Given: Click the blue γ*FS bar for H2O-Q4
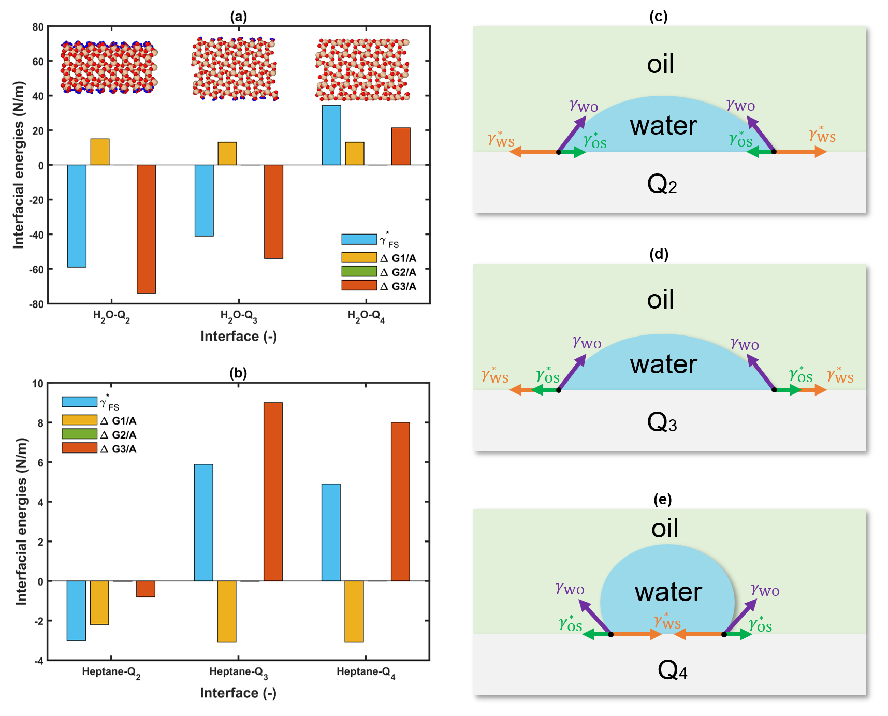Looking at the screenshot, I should point(331,135).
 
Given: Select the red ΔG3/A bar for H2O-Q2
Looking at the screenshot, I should point(146,229).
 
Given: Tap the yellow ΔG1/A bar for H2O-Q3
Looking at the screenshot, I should point(227,154).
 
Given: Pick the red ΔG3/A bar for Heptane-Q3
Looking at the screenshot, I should point(273,491).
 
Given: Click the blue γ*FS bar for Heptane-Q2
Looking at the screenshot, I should point(76,610).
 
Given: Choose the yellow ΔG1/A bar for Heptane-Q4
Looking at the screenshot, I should point(354,611).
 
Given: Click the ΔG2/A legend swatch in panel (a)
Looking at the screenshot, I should point(359,271).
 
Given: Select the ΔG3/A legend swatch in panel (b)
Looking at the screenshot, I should point(79,448).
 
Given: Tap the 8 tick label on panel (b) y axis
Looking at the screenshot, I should point(40,423).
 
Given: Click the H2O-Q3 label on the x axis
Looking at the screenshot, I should point(239,316).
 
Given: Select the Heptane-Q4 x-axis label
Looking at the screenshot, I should point(366,673).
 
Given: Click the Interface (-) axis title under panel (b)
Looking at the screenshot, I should point(238,693).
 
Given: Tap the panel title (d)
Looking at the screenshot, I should point(659,254).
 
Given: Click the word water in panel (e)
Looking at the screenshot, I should point(668,592).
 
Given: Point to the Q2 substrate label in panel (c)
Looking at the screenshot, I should point(662,184).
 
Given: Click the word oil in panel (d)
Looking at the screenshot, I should point(660,300).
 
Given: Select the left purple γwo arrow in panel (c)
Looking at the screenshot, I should point(572,134).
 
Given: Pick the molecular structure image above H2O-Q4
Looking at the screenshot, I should point(362,69).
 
